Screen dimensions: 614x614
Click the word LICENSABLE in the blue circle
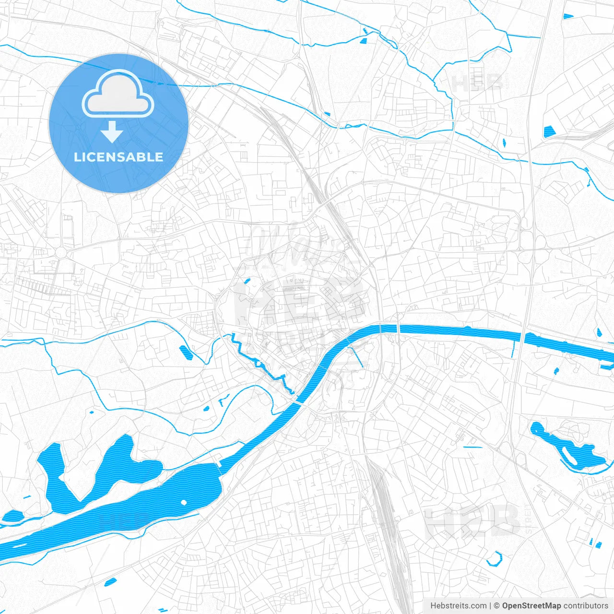[118, 157]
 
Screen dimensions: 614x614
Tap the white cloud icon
[118, 94]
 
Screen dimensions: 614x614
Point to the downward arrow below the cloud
[112, 132]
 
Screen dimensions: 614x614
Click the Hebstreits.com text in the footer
[459, 606]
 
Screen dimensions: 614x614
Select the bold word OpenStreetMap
[531, 606]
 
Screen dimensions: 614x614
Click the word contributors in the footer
[586, 606]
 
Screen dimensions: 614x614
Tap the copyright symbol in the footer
[497, 606]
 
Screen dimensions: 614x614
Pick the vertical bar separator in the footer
[490, 606]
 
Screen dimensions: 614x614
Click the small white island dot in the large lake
[184, 502]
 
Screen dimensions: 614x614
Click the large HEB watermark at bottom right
[472, 520]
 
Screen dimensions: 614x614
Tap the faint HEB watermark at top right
[477, 83]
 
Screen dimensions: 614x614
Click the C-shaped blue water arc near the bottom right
[494, 559]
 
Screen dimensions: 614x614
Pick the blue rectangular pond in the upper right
[549, 130]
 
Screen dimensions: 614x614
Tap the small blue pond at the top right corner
[569, 17]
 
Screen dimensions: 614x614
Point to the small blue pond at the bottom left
[110, 582]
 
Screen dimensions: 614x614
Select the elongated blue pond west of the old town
[186, 353]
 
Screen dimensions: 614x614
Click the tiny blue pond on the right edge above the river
[599, 332]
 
